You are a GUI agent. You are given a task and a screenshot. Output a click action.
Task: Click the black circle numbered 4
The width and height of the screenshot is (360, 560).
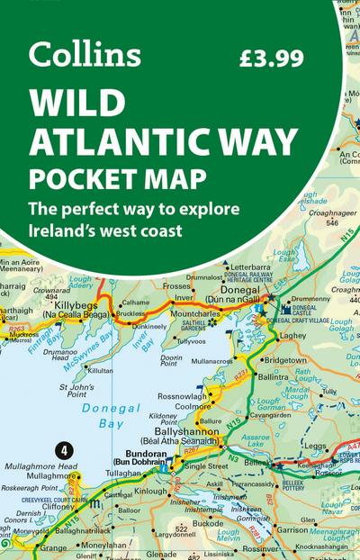point(63,448)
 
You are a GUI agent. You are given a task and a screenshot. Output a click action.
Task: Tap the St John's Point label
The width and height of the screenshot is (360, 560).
point(76,390)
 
